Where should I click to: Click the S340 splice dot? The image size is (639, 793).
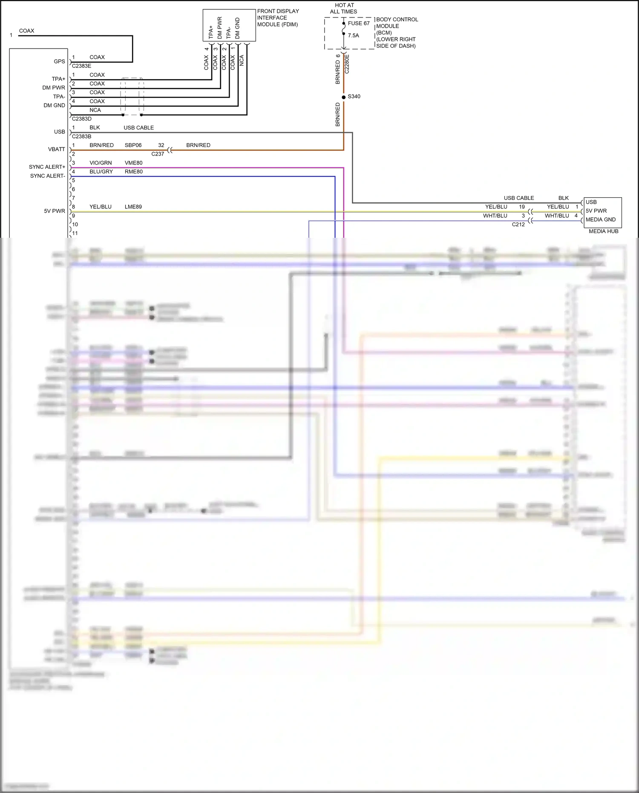coord(344,97)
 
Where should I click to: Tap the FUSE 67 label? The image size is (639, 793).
coord(359,23)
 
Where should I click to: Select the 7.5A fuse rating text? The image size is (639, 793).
coord(353,35)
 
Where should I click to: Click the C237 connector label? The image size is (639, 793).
coord(158,154)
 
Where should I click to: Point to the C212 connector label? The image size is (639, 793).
coord(518,225)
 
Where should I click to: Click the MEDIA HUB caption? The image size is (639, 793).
coord(603,231)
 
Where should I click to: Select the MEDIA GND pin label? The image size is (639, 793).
coord(600,219)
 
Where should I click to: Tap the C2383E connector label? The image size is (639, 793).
coord(81,66)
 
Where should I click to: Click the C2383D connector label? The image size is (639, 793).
coord(81,119)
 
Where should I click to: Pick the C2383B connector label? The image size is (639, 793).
coord(81,136)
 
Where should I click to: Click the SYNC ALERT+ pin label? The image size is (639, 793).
coord(47,167)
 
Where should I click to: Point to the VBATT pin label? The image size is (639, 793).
coord(56,149)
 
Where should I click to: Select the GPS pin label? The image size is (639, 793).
coord(59,61)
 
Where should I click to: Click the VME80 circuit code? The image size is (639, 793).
coord(133,163)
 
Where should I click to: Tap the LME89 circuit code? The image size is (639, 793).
coord(133,207)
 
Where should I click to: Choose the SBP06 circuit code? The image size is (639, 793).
coord(133,145)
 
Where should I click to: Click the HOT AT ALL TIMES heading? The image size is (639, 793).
coord(344,9)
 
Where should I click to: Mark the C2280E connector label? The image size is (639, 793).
coord(347,64)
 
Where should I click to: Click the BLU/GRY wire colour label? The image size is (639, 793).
coord(101,172)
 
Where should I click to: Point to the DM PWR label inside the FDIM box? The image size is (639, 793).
coord(220,28)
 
